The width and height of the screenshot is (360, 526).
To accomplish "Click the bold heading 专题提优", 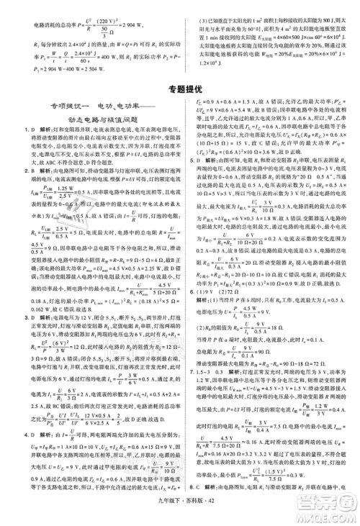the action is [x=179, y=90].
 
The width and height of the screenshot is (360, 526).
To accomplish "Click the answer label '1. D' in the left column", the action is [x=10, y=130].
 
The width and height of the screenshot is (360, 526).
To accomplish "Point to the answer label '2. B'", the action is [x=10, y=171].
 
